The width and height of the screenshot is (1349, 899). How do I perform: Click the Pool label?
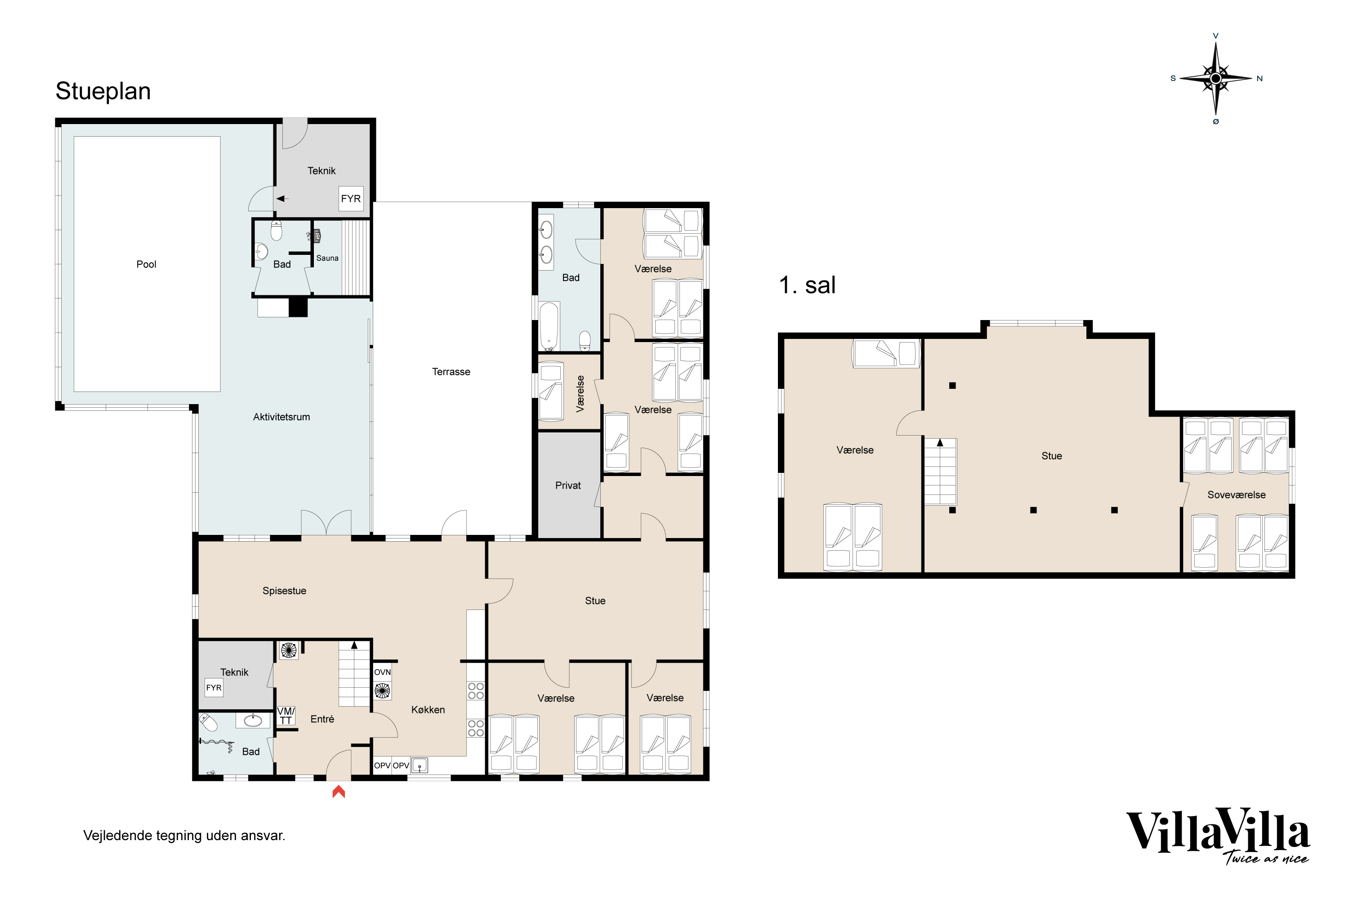[x=146, y=264]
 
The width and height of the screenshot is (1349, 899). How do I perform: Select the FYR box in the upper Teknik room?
[x=351, y=198]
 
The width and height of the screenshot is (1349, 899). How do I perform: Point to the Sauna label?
[x=327, y=258]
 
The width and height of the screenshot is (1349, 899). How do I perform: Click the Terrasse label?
[x=451, y=372]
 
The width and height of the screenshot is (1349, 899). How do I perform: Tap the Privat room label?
[x=568, y=485]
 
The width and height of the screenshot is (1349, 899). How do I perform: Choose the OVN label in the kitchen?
[x=383, y=672]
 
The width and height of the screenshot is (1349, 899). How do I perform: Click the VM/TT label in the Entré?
[x=286, y=716]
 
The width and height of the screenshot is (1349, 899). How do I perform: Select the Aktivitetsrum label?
[x=281, y=417]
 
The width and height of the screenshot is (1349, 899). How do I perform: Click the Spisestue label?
[x=285, y=591]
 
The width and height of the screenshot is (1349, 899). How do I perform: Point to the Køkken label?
[x=428, y=709]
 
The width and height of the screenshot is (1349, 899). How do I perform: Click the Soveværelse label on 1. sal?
[x=1236, y=495]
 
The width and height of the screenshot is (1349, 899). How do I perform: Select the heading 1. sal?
[x=807, y=285]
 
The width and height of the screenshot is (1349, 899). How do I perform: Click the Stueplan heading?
[x=103, y=91]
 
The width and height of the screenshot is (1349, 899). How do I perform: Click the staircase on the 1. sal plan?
[x=940, y=471]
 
